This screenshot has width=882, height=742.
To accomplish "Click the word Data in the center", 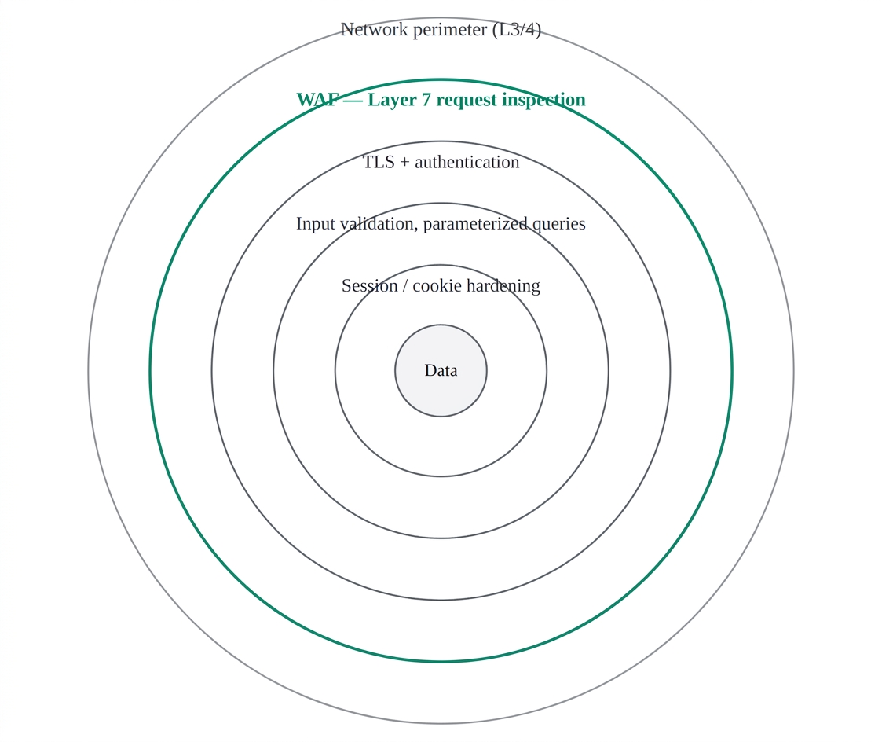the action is coord(441,370).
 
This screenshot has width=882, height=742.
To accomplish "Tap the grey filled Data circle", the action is coord(441,394).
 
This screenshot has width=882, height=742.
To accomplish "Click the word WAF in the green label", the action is coord(318,100).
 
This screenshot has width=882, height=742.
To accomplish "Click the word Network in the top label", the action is coord(374,29).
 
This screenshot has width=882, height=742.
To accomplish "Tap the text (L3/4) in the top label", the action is coord(516,29).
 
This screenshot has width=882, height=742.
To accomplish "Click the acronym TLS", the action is coord(379,162).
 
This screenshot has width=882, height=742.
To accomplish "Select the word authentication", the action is coord(467,162).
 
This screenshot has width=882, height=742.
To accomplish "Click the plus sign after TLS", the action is coord(404,163).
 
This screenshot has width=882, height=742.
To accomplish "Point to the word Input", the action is coord(316,224).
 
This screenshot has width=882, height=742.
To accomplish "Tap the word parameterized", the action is coord(475,224).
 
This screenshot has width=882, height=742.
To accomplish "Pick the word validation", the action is coord(379,223).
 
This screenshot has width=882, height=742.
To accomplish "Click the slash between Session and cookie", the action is coord(405,286).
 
